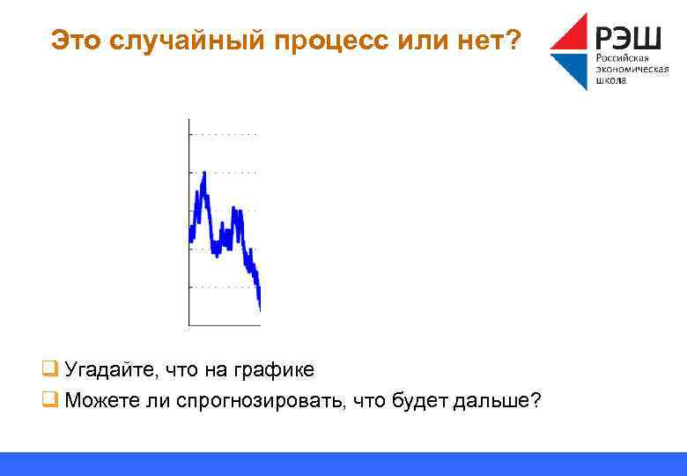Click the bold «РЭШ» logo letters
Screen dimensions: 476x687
(629, 37)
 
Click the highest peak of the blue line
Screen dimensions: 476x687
(204, 174)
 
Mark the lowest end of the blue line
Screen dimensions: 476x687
(260, 308)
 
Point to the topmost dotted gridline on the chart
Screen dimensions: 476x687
(225, 134)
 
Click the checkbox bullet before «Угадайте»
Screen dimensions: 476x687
(50, 369)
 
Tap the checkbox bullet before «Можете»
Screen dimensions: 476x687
(50, 401)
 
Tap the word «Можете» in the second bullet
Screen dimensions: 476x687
(98, 402)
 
